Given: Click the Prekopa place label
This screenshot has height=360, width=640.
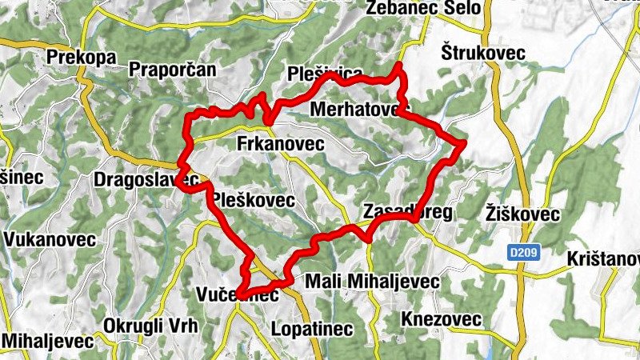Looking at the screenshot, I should pos(82,58).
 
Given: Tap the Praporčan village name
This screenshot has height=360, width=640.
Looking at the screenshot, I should pos(173,70).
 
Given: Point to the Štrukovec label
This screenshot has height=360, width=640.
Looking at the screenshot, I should pos(482,52).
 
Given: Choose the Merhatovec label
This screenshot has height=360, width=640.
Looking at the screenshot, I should pos(358,108).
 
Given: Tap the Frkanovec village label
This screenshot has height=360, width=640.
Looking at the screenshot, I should pos(280,144).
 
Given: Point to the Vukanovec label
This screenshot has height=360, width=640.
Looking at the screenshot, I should pos(50,238).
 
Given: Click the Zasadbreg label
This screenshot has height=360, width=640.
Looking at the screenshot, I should pos(408,212).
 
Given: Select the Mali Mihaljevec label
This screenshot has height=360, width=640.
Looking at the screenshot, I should pos(373,282).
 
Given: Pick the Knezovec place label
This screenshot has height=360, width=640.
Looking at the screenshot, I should pos(442,319).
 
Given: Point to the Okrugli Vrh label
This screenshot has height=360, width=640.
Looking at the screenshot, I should pos(150,326).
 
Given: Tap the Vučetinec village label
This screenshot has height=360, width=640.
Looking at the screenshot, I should pos(237,295).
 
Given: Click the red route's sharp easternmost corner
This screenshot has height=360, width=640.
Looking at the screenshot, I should pos(464,142).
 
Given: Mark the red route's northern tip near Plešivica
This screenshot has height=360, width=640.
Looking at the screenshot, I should pos(399,65).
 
